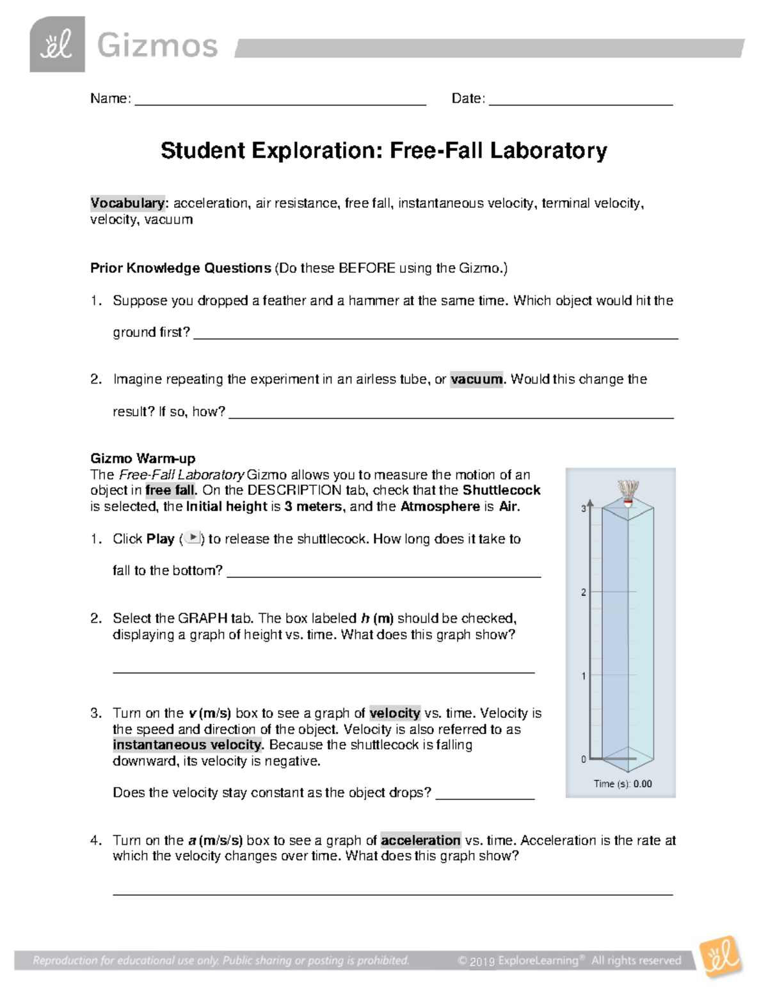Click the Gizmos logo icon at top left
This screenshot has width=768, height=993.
pos(57,44)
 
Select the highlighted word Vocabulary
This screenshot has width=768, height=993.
pos(127,203)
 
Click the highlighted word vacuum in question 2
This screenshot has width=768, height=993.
pos(477,379)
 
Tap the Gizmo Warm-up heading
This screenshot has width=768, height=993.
pos(143,458)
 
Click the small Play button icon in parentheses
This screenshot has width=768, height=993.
pos(193,538)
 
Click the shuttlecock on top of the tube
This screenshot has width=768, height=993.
pos(628,493)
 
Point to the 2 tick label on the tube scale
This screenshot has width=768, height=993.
pos(583,593)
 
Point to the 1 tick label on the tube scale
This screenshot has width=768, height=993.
pos(583,676)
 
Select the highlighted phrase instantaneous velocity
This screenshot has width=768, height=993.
pos(188,745)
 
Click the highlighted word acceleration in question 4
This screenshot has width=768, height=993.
pos(420,840)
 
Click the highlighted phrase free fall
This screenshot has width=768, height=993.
pos(170,491)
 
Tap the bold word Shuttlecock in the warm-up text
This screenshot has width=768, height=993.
pos(501,490)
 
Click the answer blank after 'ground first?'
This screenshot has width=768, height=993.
pos(435,334)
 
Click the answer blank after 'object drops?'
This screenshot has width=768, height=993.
pos(484,794)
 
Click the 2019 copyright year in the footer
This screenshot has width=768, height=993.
pos(483,961)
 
